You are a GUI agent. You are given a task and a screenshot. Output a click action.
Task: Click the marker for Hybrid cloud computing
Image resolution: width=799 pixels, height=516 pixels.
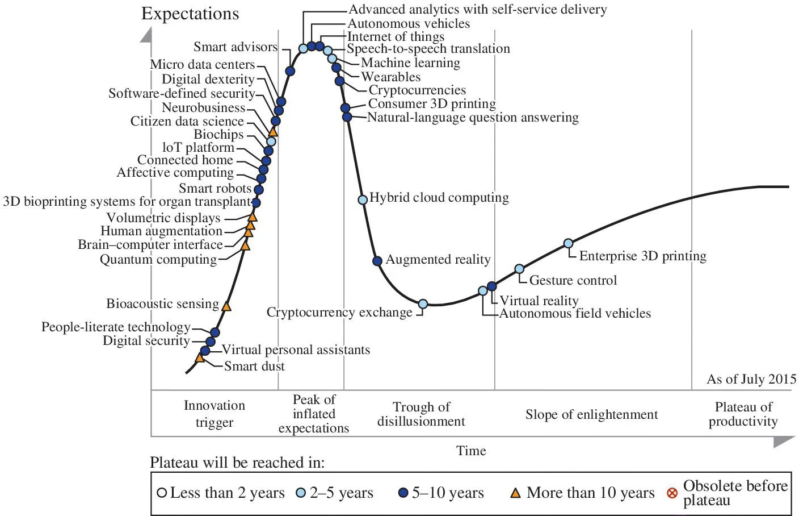coord(363,199)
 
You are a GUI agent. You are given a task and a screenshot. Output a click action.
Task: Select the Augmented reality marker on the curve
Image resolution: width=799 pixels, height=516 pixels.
coord(377,261)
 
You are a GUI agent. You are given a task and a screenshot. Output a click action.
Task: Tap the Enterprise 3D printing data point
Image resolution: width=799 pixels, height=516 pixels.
coord(568,244)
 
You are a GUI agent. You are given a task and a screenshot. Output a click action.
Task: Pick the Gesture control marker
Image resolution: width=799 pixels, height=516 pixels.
coord(519,269)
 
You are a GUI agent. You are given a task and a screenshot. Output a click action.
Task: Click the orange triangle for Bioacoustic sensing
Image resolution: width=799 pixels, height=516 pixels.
coord(226,306)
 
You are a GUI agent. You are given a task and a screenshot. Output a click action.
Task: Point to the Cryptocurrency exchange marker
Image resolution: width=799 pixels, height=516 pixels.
coord(423,304)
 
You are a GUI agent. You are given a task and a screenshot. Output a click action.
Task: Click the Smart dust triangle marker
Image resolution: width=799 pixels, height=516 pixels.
coord(200,357)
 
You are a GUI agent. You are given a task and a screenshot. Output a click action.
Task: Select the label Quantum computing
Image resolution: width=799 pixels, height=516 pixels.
coord(158,260)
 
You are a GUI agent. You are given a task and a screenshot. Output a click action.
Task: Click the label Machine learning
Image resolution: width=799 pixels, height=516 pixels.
coord(410,63)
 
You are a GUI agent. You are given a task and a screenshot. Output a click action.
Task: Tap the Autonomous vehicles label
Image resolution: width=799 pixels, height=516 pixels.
coord(409,24)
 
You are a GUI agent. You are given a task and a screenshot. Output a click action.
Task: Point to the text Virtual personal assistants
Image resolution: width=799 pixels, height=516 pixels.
coord(296,350)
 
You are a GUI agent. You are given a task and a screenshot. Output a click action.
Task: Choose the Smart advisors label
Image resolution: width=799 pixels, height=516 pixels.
coord(236,47)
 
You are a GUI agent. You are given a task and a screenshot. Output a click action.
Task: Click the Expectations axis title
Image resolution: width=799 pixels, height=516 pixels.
coord(190,14)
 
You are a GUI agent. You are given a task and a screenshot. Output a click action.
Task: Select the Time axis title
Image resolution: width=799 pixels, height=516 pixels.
coord(471,451)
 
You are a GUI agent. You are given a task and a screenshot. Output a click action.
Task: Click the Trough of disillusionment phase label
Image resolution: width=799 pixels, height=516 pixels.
coord(421,414)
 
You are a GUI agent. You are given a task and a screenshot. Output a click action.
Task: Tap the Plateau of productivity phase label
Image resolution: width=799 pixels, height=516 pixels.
coord(743,414)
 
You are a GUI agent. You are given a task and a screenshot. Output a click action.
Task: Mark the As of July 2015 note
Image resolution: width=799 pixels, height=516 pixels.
coord(751,379)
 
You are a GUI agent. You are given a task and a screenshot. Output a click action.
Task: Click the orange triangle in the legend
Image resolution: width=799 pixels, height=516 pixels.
coord(515,493)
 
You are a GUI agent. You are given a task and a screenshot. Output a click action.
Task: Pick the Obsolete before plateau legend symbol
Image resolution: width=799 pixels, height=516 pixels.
coord(672,493)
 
